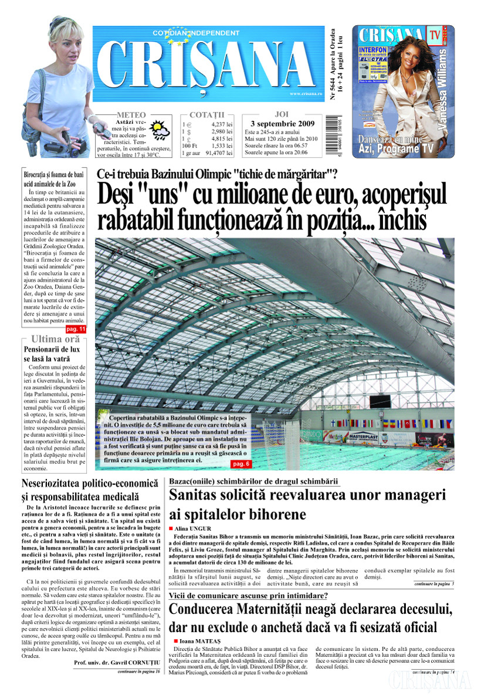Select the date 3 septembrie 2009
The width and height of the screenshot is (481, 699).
282,124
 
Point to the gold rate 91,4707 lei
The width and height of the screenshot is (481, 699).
218,153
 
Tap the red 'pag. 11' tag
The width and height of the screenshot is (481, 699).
78,330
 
